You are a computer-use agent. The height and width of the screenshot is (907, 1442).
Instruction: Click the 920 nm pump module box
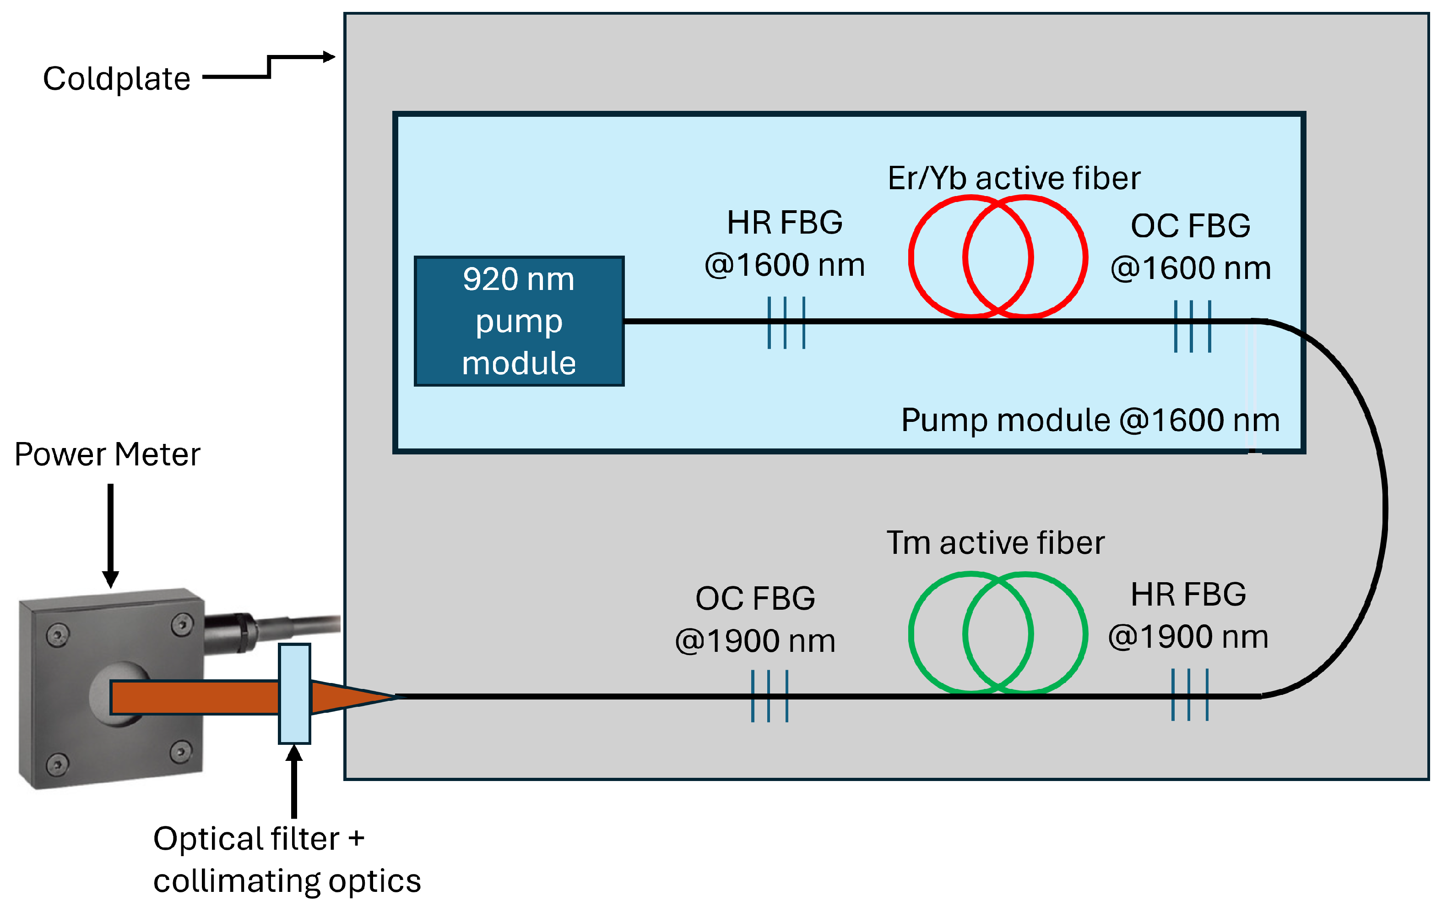pyautogui.click(x=519, y=321)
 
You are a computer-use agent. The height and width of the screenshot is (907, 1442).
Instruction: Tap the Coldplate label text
pyautogui.click(x=117, y=78)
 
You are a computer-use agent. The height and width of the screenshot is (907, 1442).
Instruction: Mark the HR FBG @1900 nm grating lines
pyautogui.click(x=1189, y=694)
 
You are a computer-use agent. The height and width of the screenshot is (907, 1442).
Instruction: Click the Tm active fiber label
pyautogui.click(x=995, y=542)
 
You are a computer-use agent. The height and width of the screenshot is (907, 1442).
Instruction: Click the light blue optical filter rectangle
pyautogui.click(x=294, y=693)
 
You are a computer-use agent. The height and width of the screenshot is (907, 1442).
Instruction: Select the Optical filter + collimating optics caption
pyautogui.click(x=286, y=858)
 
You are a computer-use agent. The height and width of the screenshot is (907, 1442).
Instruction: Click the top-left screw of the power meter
pyautogui.click(x=58, y=634)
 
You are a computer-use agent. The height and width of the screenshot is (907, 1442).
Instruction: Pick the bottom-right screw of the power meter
pyautogui.click(x=180, y=751)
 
